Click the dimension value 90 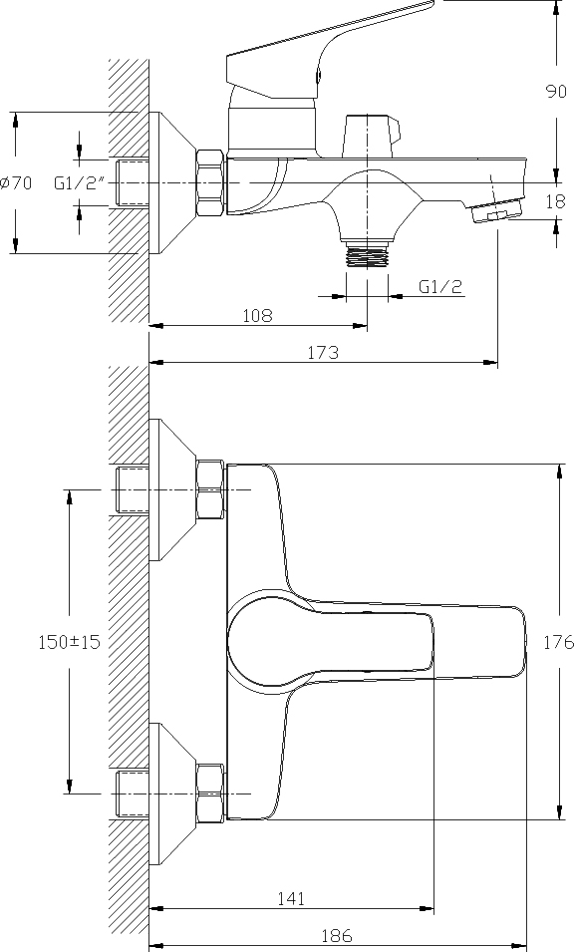click(556, 92)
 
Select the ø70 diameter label click(16, 182)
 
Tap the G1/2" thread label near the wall click(80, 182)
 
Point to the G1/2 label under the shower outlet click(440, 286)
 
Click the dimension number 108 click(257, 316)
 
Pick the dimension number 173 click(324, 352)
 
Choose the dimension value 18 click(556, 201)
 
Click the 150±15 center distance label click(69, 642)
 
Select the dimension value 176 click(558, 642)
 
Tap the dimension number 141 click(291, 898)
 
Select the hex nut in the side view click(210, 182)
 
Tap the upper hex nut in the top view click(210, 489)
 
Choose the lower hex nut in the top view click(210, 793)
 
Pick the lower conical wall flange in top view click(172, 793)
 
